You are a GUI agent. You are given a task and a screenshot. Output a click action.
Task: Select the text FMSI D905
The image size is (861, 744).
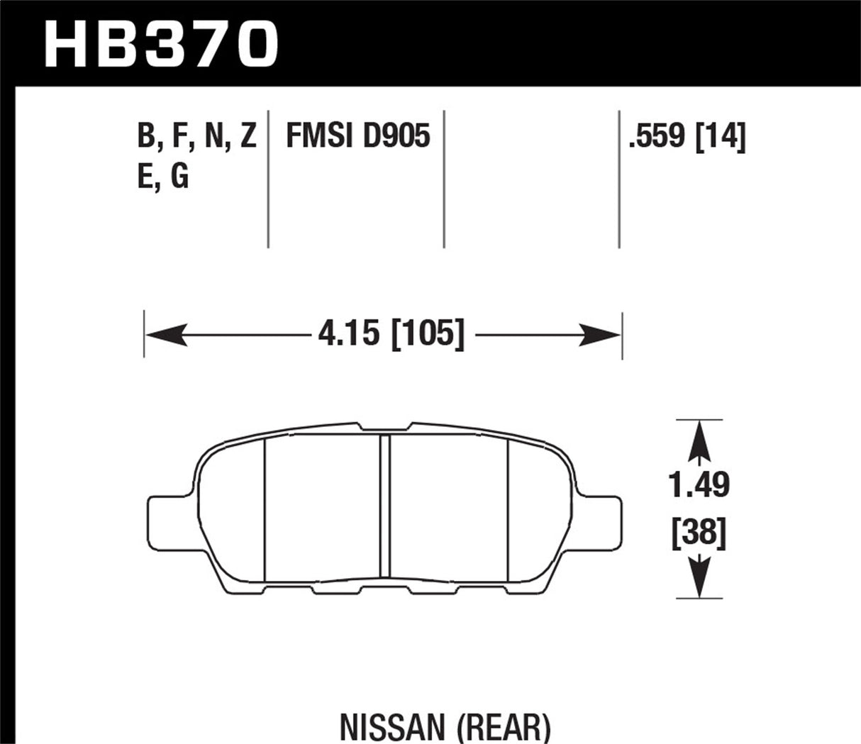tap(357, 135)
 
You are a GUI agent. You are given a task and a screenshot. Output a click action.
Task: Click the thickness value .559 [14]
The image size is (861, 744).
tap(687, 135)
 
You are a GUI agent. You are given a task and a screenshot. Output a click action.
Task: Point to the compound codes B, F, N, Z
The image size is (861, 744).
tap(196, 135)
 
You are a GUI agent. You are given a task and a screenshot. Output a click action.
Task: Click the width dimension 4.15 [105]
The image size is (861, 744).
tap(391, 333)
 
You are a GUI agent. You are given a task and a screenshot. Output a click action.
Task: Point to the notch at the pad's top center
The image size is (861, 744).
tap(385, 427)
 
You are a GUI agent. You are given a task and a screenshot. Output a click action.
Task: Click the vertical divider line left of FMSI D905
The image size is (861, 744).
tap(268, 179)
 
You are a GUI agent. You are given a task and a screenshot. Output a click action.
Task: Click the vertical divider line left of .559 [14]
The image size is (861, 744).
tap(619, 179)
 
